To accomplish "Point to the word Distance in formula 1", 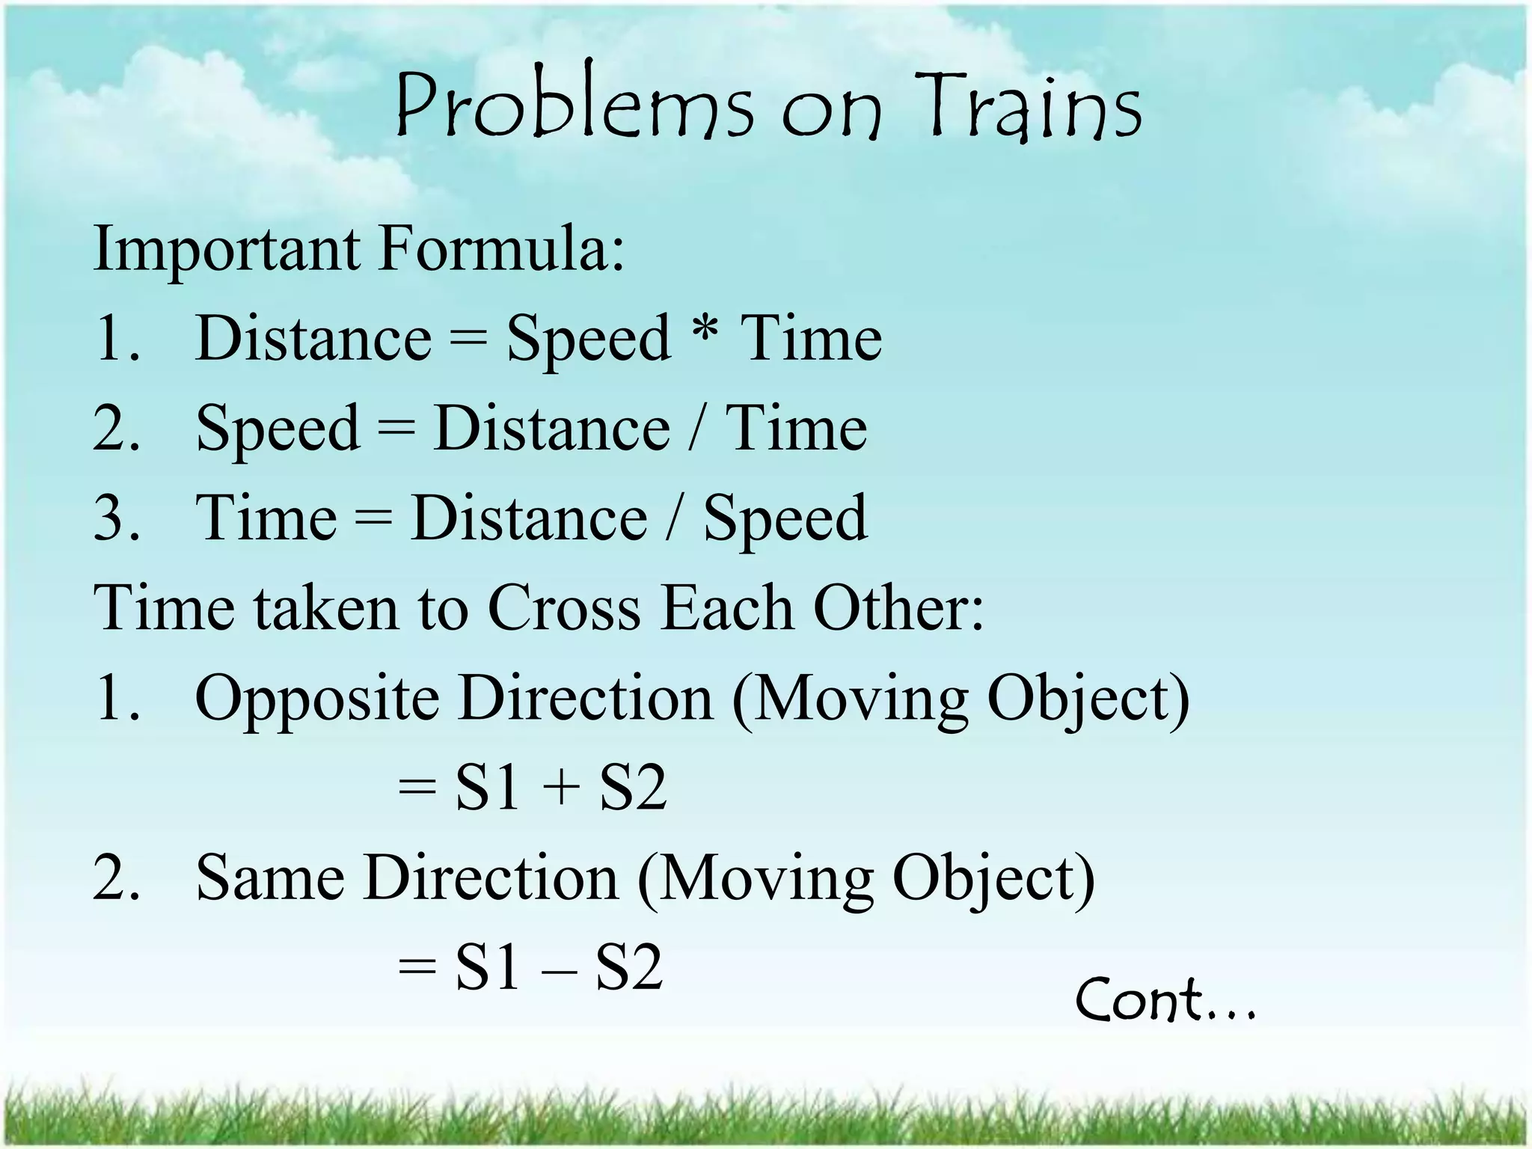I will pos(313,339).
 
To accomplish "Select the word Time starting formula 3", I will pos(266,518).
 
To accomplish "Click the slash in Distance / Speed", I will pos(675,518).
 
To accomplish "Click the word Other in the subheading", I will pos(897,607).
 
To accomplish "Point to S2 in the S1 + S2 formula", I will pos(632,788).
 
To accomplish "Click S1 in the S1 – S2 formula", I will pos(488,968).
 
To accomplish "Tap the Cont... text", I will pos(1165,999).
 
